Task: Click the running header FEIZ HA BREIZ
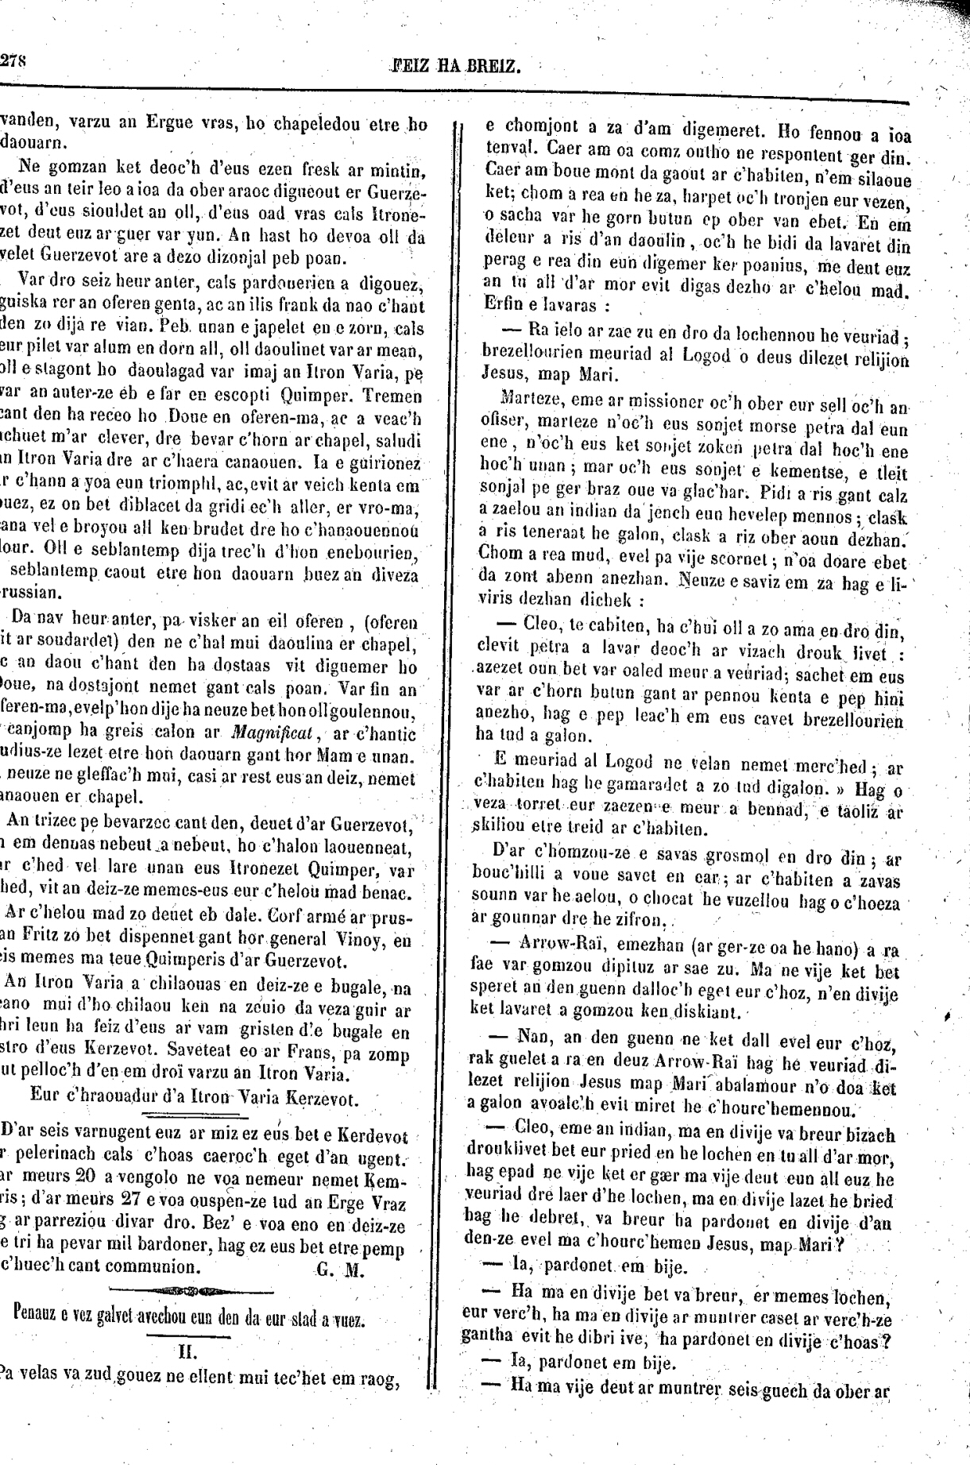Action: (456, 65)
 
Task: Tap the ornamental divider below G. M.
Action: (190, 1290)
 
